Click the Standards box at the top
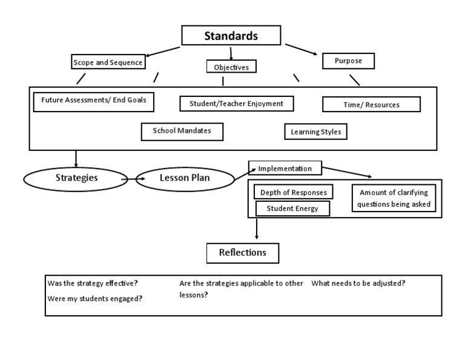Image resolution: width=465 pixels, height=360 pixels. [x=231, y=36]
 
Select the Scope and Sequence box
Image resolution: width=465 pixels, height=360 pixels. [x=108, y=62]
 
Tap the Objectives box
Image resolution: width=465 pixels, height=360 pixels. [x=231, y=67]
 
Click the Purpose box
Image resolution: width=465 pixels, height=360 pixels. [x=348, y=61]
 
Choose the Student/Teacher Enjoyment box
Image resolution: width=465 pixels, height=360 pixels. [x=236, y=104]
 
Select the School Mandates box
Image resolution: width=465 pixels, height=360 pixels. [x=182, y=131]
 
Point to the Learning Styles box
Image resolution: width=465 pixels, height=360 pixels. [x=315, y=132]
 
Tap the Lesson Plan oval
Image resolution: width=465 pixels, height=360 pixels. [x=184, y=178]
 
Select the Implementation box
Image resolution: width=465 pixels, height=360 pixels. [x=285, y=168]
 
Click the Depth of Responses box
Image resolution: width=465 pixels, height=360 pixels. [x=293, y=193]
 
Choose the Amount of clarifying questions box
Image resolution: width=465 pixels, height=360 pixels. [x=394, y=198]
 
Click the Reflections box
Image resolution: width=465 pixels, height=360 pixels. [x=243, y=253]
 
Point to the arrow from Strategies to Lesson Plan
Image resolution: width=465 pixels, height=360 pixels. [x=128, y=179]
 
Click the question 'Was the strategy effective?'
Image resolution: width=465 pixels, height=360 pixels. [x=93, y=284]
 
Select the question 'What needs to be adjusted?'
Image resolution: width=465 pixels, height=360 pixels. [x=358, y=284]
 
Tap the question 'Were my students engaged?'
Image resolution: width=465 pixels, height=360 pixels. [x=95, y=299]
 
